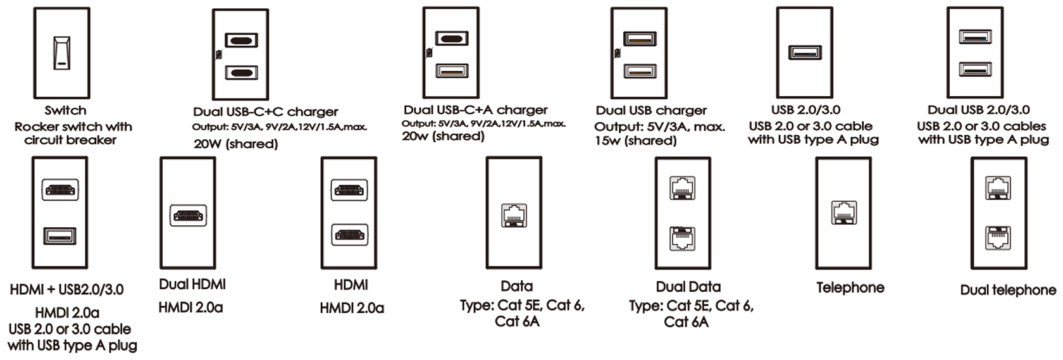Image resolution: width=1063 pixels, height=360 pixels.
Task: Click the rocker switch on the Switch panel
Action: click(x=62, y=53)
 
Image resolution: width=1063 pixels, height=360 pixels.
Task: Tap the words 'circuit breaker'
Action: click(x=70, y=140)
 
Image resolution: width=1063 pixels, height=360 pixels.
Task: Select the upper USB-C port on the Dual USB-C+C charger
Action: click(x=241, y=40)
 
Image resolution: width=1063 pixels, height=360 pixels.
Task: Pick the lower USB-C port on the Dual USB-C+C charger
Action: click(x=241, y=73)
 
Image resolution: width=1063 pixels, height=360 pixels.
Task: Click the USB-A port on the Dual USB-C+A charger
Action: click(x=452, y=71)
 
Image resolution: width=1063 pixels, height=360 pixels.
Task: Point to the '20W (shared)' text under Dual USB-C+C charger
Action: click(x=235, y=144)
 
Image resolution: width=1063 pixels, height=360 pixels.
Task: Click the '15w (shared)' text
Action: click(x=635, y=141)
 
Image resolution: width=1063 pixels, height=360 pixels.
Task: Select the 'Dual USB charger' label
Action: click(x=651, y=111)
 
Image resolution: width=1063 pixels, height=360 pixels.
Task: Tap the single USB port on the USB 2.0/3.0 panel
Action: click(x=805, y=52)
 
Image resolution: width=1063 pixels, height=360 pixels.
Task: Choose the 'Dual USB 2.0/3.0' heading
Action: click(x=978, y=110)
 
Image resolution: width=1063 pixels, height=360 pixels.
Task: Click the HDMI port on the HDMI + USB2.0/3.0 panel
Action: click(x=59, y=190)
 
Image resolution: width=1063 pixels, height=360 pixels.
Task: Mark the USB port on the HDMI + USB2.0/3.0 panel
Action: click(x=59, y=236)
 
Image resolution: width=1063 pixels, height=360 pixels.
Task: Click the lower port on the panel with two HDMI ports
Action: click(x=349, y=235)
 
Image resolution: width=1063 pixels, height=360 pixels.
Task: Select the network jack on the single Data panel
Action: click(x=514, y=215)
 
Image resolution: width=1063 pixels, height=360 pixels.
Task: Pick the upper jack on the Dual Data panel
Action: click(x=682, y=188)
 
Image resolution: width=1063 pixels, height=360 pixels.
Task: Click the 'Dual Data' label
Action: click(x=688, y=287)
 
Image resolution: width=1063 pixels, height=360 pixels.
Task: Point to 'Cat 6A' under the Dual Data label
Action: click(x=686, y=323)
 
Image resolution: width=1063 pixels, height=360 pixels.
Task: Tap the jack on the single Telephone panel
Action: click(x=844, y=213)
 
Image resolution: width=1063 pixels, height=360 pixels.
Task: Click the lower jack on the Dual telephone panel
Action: click(x=998, y=238)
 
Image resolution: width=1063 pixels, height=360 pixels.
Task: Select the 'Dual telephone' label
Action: click(x=1008, y=290)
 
